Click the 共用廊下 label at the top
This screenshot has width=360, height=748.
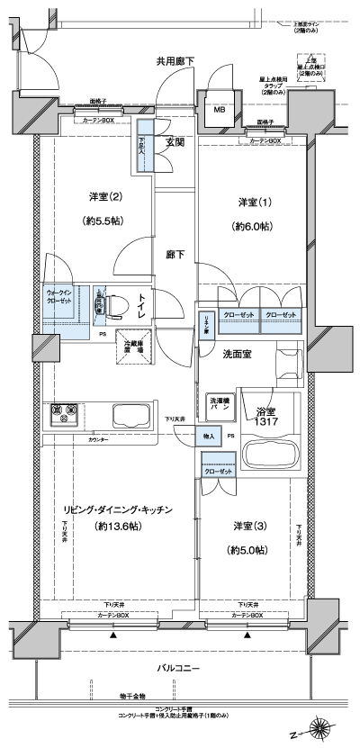(x=175, y=61)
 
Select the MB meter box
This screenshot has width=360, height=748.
(x=220, y=111)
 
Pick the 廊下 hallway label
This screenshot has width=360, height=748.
(x=175, y=255)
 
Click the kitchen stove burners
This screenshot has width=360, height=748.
(x=63, y=415)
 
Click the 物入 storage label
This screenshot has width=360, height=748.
(x=208, y=435)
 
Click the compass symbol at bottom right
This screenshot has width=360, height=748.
(x=318, y=729)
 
